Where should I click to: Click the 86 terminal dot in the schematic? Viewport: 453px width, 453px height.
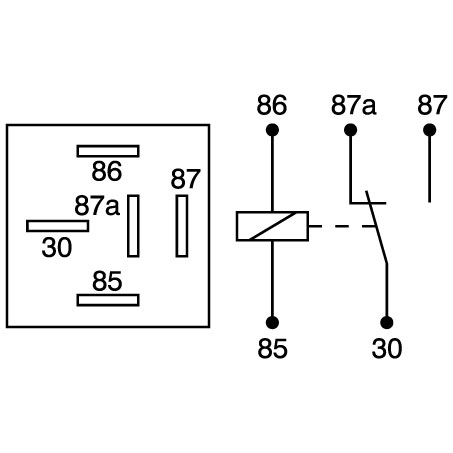pos(272,130)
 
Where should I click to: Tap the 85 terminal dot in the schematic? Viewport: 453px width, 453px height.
pos(272,323)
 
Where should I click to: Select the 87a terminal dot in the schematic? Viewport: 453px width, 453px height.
pos(350,130)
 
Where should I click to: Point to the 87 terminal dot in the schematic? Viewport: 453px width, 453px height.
pos(430,130)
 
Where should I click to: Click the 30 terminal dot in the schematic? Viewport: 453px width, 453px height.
pos(387,323)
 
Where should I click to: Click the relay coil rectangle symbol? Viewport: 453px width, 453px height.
pos(272,226)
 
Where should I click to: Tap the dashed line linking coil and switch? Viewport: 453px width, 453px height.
pos(342,226)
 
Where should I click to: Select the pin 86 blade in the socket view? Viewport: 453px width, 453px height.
pos(108,151)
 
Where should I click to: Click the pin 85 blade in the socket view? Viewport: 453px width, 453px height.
pos(108,300)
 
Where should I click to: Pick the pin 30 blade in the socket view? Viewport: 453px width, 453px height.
pos(58,226)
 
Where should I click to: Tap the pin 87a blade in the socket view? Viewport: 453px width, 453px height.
pos(133,226)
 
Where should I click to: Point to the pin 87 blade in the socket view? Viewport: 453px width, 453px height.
pos(182,226)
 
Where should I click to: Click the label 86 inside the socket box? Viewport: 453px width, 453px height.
pos(107,171)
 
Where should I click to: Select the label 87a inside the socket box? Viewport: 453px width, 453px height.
pos(97,206)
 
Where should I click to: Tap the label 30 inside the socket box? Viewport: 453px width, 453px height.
pos(57,247)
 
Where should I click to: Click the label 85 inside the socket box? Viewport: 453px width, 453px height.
pos(107,281)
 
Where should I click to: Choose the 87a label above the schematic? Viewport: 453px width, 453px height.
pos(354,105)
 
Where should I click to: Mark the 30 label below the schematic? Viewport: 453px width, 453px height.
pos(387,348)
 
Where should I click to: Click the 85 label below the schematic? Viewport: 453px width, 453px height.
pos(272,348)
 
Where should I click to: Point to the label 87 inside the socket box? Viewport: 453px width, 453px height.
pos(186,179)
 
